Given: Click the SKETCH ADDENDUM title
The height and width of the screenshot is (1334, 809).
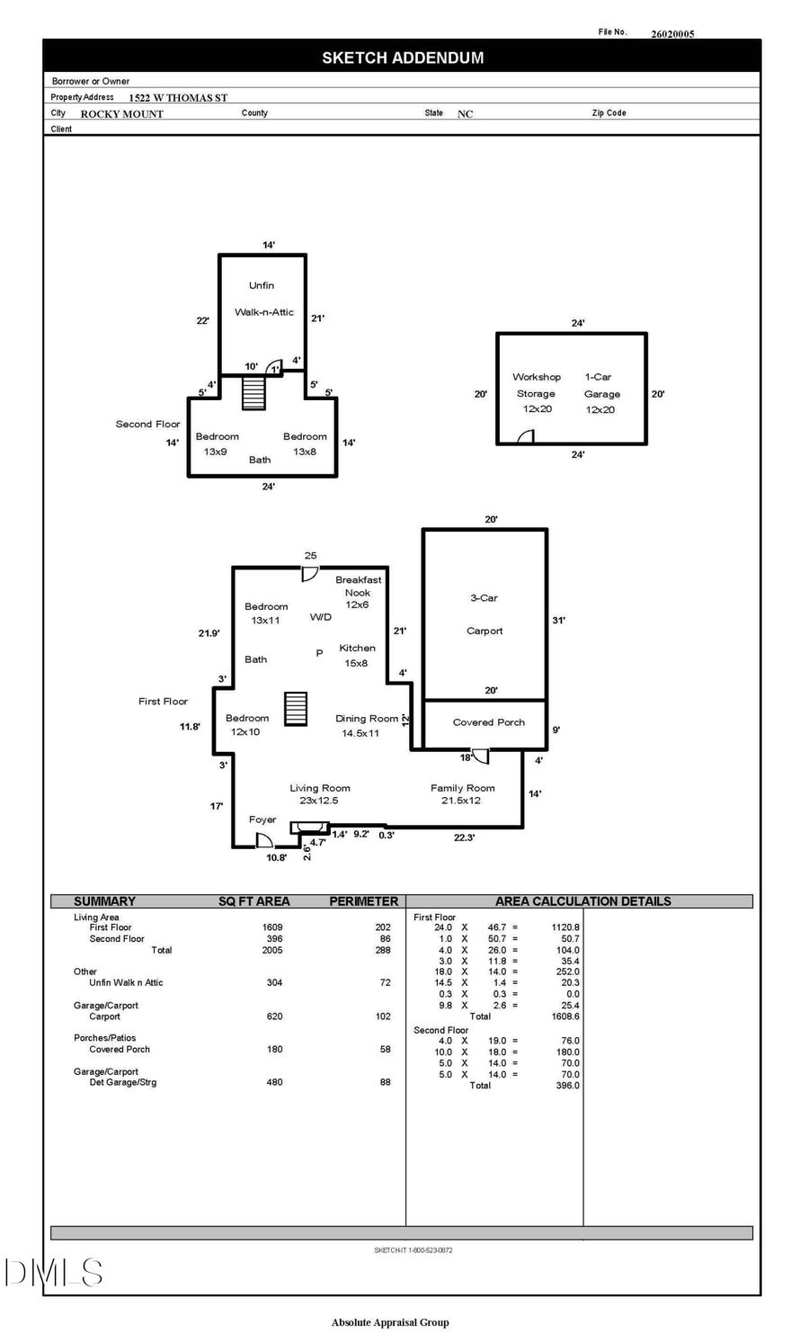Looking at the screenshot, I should (x=403, y=58).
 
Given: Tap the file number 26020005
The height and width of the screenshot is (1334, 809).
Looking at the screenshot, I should (x=672, y=34).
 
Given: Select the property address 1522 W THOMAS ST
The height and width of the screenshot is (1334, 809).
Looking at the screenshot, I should (x=178, y=97).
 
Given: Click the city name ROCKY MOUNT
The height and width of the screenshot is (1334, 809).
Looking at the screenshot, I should (x=122, y=114).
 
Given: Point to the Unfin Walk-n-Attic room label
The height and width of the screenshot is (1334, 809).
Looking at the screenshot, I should (x=263, y=299).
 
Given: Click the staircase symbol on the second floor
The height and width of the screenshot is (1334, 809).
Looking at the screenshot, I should (x=253, y=393).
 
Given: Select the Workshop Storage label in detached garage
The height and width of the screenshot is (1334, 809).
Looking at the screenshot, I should (x=537, y=393).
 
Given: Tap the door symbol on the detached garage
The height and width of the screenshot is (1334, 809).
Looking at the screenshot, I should (x=527, y=436).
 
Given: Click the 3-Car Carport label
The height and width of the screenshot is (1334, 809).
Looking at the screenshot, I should (x=484, y=613).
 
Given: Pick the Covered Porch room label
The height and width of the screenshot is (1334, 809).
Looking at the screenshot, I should (x=488, y=722).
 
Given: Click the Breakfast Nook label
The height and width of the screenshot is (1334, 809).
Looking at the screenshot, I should (x=358, y=586).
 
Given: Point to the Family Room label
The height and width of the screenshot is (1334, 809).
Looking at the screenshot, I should (x=462, y=788).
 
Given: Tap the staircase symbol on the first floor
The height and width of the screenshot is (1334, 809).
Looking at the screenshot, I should (x=296, y=708).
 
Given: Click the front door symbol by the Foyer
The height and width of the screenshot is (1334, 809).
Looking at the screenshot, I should (x=263, y=841).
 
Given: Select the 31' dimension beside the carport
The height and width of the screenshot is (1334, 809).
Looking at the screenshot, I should (x=558, y=621).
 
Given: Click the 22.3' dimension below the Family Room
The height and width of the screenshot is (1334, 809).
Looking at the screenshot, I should (x=464, y=837).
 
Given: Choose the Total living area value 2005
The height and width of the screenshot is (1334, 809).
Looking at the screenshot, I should (x=271, y=950).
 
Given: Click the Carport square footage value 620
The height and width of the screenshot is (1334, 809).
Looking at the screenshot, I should (x=274, y=1016).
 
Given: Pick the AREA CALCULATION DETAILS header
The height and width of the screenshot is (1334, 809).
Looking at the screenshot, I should (x=582, y=901).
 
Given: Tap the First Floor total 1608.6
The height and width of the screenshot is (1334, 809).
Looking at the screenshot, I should (x=565, y=1016).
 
